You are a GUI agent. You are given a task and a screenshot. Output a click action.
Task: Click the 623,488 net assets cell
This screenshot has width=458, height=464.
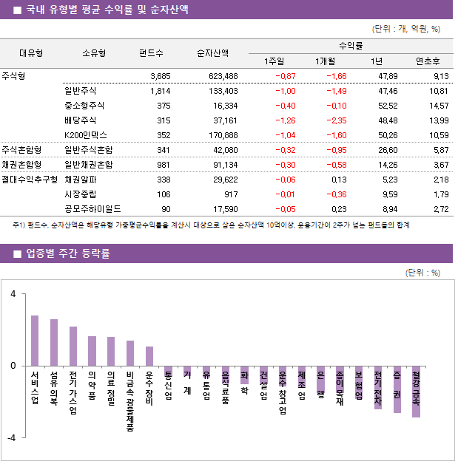(222, 76)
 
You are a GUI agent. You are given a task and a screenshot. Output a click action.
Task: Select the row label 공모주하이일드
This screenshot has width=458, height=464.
(92, 209)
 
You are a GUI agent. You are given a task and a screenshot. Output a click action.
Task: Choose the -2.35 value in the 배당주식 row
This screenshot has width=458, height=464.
(334, 120)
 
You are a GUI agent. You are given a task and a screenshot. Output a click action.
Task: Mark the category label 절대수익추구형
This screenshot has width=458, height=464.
(30, 179)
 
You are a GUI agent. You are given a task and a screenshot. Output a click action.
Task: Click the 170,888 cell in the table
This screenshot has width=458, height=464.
(222, 135)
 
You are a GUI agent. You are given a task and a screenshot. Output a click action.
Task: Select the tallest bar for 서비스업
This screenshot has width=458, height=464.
(35, 341)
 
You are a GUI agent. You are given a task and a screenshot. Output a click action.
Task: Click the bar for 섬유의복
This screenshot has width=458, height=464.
(54, 343)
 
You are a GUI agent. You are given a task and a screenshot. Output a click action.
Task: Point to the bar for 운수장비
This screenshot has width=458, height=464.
(149, 356)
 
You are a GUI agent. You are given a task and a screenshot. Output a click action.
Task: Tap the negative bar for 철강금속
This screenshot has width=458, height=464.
(417, 392)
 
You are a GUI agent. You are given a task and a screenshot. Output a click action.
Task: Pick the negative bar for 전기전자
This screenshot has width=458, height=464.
(378, 387)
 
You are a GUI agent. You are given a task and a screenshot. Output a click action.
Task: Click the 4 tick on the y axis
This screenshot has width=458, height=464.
(13, 293)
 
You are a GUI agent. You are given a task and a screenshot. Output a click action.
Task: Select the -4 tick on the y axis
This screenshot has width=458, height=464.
(11, 438)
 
